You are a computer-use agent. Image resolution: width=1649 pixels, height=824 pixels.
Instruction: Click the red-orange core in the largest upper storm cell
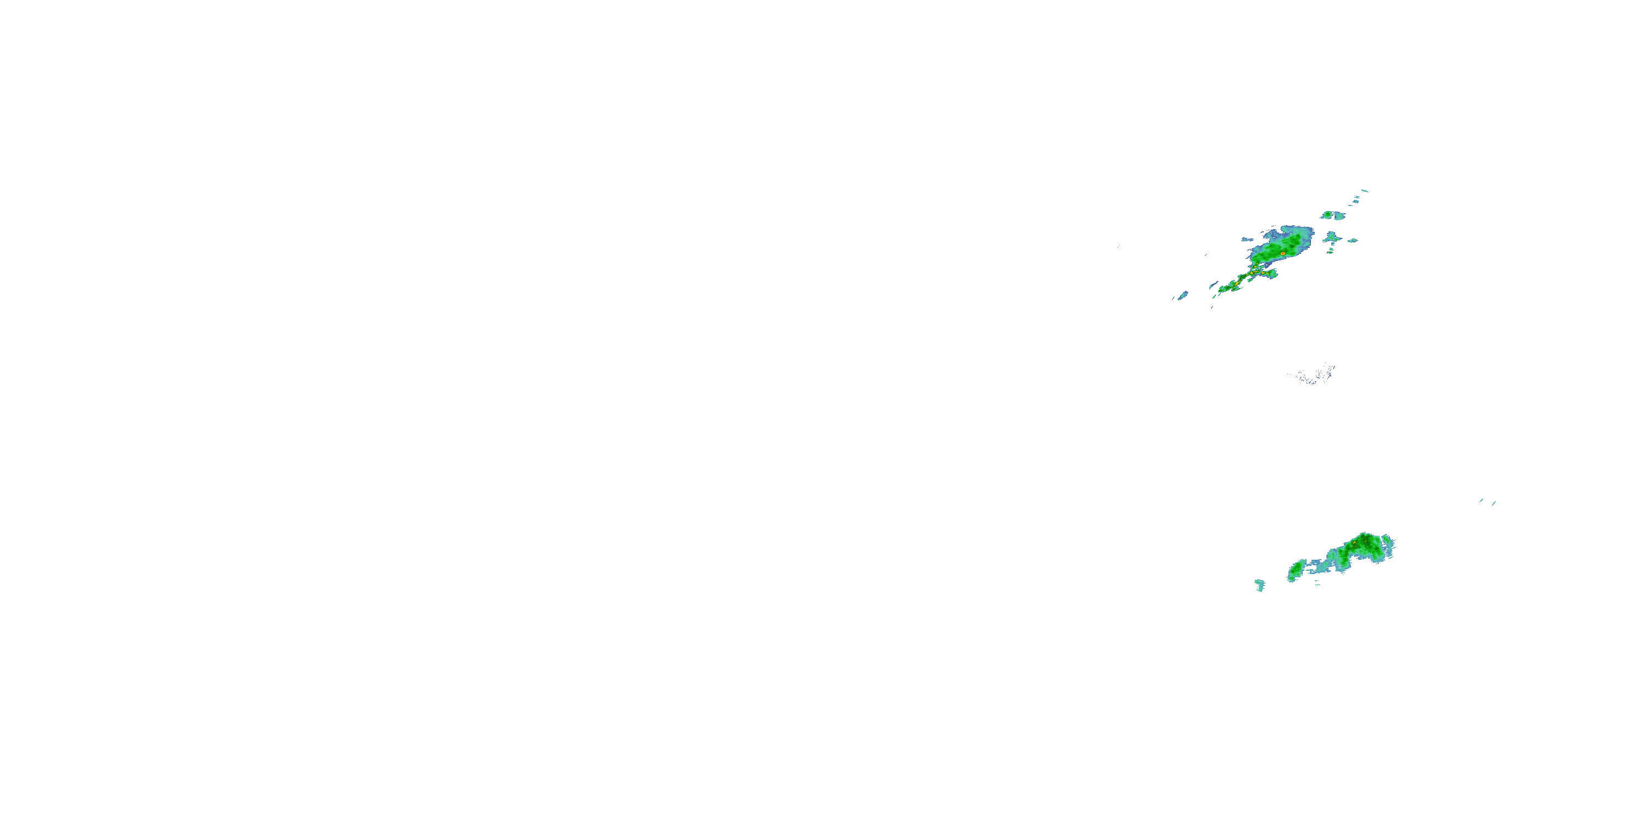point(1283,254)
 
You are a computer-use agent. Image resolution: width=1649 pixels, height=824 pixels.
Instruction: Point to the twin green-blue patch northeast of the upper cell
point(1333,215)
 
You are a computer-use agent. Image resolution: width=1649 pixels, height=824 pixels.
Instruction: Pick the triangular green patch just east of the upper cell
point(1332,238)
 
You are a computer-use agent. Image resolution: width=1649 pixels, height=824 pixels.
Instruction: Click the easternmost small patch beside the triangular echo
point(1353,241)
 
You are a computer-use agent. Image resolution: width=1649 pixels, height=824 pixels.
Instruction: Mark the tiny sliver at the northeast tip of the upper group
point(1364,191)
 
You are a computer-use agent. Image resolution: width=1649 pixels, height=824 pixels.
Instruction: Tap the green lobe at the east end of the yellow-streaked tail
point(1268,274)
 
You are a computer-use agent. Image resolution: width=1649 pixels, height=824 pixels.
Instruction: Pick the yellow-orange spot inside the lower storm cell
point(1354,543)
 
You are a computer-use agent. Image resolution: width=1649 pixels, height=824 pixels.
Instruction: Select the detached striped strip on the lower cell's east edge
point(1389,547)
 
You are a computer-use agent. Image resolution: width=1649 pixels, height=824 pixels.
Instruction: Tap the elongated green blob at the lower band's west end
point(1297,569)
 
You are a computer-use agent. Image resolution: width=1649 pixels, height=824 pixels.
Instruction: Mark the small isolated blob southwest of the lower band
point(1260,584)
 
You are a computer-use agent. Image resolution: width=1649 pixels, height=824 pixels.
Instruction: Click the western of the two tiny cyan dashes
point(1481,500)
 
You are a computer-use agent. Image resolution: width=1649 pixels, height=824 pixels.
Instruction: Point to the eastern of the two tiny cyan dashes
point(1494,504)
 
